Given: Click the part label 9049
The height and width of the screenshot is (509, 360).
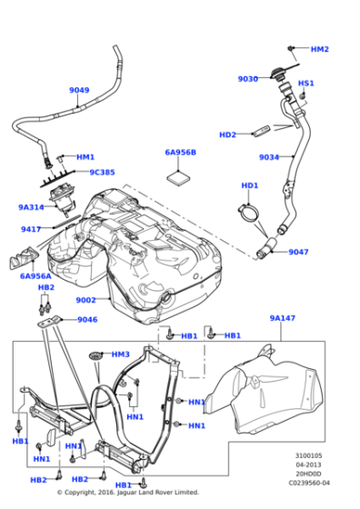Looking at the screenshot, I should [x=79, y=90].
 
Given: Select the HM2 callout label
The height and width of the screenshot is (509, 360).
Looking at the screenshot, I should [x=319, y=49].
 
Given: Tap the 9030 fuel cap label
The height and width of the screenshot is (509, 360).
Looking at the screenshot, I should [x=248, y=79].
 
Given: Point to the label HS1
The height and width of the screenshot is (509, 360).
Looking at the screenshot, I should [x=306, y=83].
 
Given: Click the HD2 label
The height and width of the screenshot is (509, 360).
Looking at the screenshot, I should [x=227, y=135].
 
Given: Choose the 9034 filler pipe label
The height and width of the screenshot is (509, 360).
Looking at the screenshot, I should [x=269, y=157].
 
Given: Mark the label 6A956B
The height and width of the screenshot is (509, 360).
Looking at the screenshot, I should [x=180, y=152].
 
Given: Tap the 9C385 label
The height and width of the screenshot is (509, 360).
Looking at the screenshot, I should [x=102, y=172].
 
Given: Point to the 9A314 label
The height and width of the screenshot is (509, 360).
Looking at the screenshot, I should [x=31, y=207].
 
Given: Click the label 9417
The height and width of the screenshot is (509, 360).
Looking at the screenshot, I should [x=31, y=229].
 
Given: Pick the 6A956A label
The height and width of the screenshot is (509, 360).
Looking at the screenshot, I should [x=35, y=275].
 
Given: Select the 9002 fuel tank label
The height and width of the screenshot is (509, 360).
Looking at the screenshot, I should [x=85, y=300].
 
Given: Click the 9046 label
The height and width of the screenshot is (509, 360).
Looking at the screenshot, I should [x=87, y=319].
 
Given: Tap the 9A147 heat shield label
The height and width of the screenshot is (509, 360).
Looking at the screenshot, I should [x=283, y=318].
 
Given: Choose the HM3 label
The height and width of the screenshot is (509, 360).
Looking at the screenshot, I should [x=120, y=354].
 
